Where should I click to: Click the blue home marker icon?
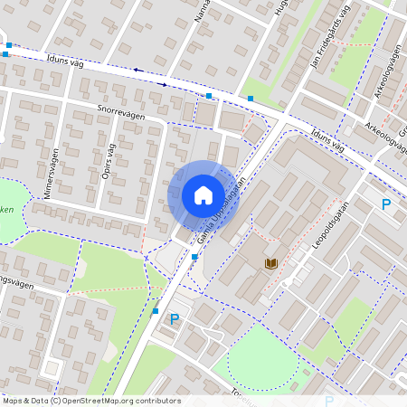[203, 195]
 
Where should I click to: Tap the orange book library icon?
[270, 263]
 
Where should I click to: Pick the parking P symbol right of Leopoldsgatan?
[387, 204]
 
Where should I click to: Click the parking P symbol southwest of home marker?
[175, 319]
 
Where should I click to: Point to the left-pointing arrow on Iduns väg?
[137, 70]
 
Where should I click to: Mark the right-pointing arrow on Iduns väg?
[165, 83]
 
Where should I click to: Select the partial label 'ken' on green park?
[7, 208]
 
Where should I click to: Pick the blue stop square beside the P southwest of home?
[156, 311]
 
